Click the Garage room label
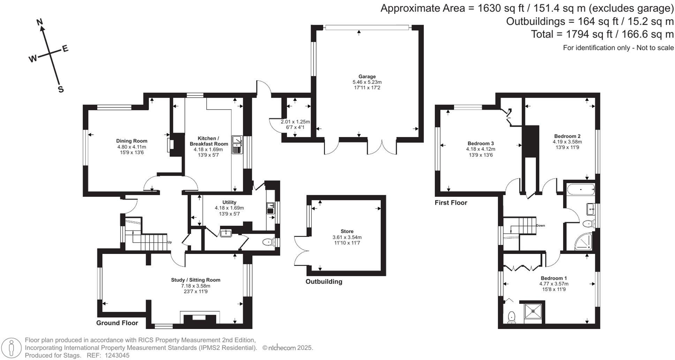point(367,76)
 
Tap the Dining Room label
point(132,141)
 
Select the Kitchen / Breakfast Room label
point(208,141)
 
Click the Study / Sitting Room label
point(196,280)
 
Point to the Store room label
point(347,231)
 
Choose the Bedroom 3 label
point(480,143)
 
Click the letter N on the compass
point(40,22)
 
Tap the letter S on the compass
point(61,89)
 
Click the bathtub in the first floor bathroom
point(581,189)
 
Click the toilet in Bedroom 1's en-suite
point(511,317)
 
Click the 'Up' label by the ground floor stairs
point(170,242)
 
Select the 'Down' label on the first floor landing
point(540,225)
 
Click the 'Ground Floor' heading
point(117,323)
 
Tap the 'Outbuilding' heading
point(324,282)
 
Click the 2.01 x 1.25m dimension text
point(295,122)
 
